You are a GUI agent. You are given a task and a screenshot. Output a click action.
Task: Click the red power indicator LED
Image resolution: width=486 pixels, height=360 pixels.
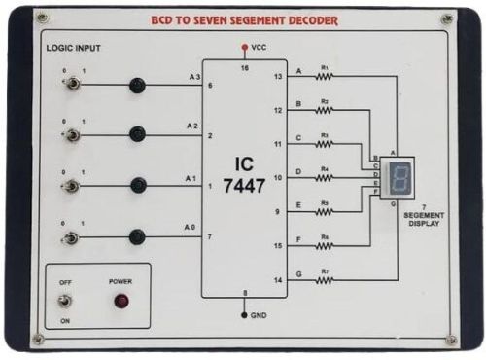pos(121,302)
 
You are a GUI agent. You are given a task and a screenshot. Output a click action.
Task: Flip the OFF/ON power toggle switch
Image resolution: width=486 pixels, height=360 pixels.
pos(66,301)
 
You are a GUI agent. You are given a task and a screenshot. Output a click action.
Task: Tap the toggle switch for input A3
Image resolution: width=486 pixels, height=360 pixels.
pos(70,85)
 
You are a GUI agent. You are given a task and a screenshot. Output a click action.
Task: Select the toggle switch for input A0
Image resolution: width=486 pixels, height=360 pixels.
pos(70,236)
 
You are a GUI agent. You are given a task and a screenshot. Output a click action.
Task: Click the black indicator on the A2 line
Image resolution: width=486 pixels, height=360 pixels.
pos(137,134)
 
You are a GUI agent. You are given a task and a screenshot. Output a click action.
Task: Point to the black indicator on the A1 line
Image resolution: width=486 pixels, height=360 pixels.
pos(137,185)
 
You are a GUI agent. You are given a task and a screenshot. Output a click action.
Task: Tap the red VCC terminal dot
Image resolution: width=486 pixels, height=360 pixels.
pos(243,46)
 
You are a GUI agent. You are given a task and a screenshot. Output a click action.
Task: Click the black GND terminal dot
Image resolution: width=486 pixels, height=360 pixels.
pos(244,315)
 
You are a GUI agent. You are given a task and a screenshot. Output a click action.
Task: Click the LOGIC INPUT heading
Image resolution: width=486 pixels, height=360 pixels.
pos(73,47)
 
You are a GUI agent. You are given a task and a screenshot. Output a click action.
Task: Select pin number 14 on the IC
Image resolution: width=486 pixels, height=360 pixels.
pos(277,280)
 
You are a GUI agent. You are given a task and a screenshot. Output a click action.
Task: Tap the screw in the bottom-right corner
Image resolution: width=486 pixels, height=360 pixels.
pos(451,340)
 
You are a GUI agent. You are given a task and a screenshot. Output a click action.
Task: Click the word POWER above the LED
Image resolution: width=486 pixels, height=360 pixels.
pos(121,281)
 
